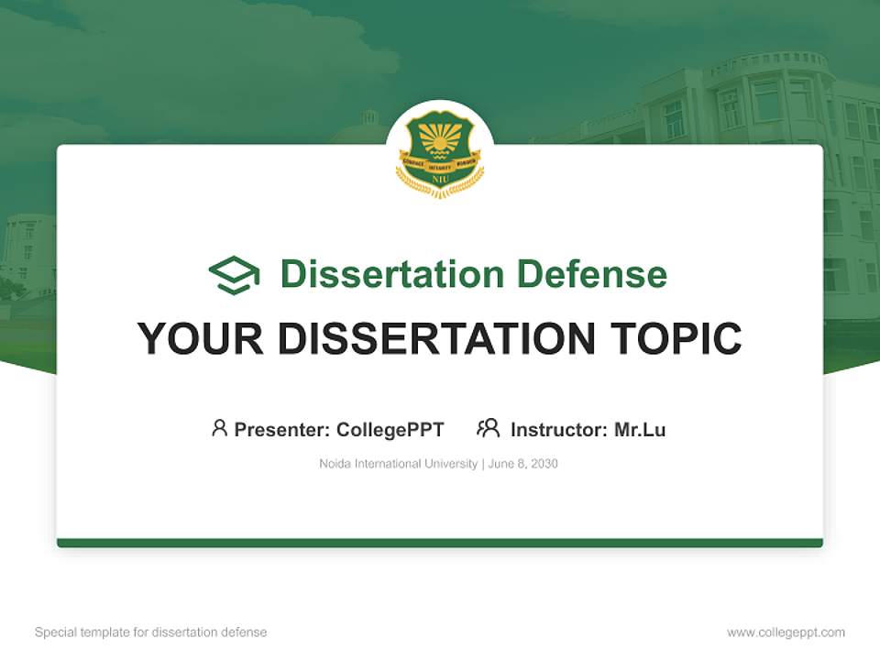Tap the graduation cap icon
point(234,275)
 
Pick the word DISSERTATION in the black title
point(436,339)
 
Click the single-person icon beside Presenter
point(219,428)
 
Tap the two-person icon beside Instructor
point(488,428)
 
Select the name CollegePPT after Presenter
point(390,429)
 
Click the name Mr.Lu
point(640,429)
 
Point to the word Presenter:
point(282,429)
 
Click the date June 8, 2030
point(523,464)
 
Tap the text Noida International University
point(398,464)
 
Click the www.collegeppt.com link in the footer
point(786,632)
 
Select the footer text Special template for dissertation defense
point(151,632)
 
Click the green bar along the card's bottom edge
point(440,543)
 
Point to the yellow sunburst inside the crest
point(440,137)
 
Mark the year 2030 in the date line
point(544,464)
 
